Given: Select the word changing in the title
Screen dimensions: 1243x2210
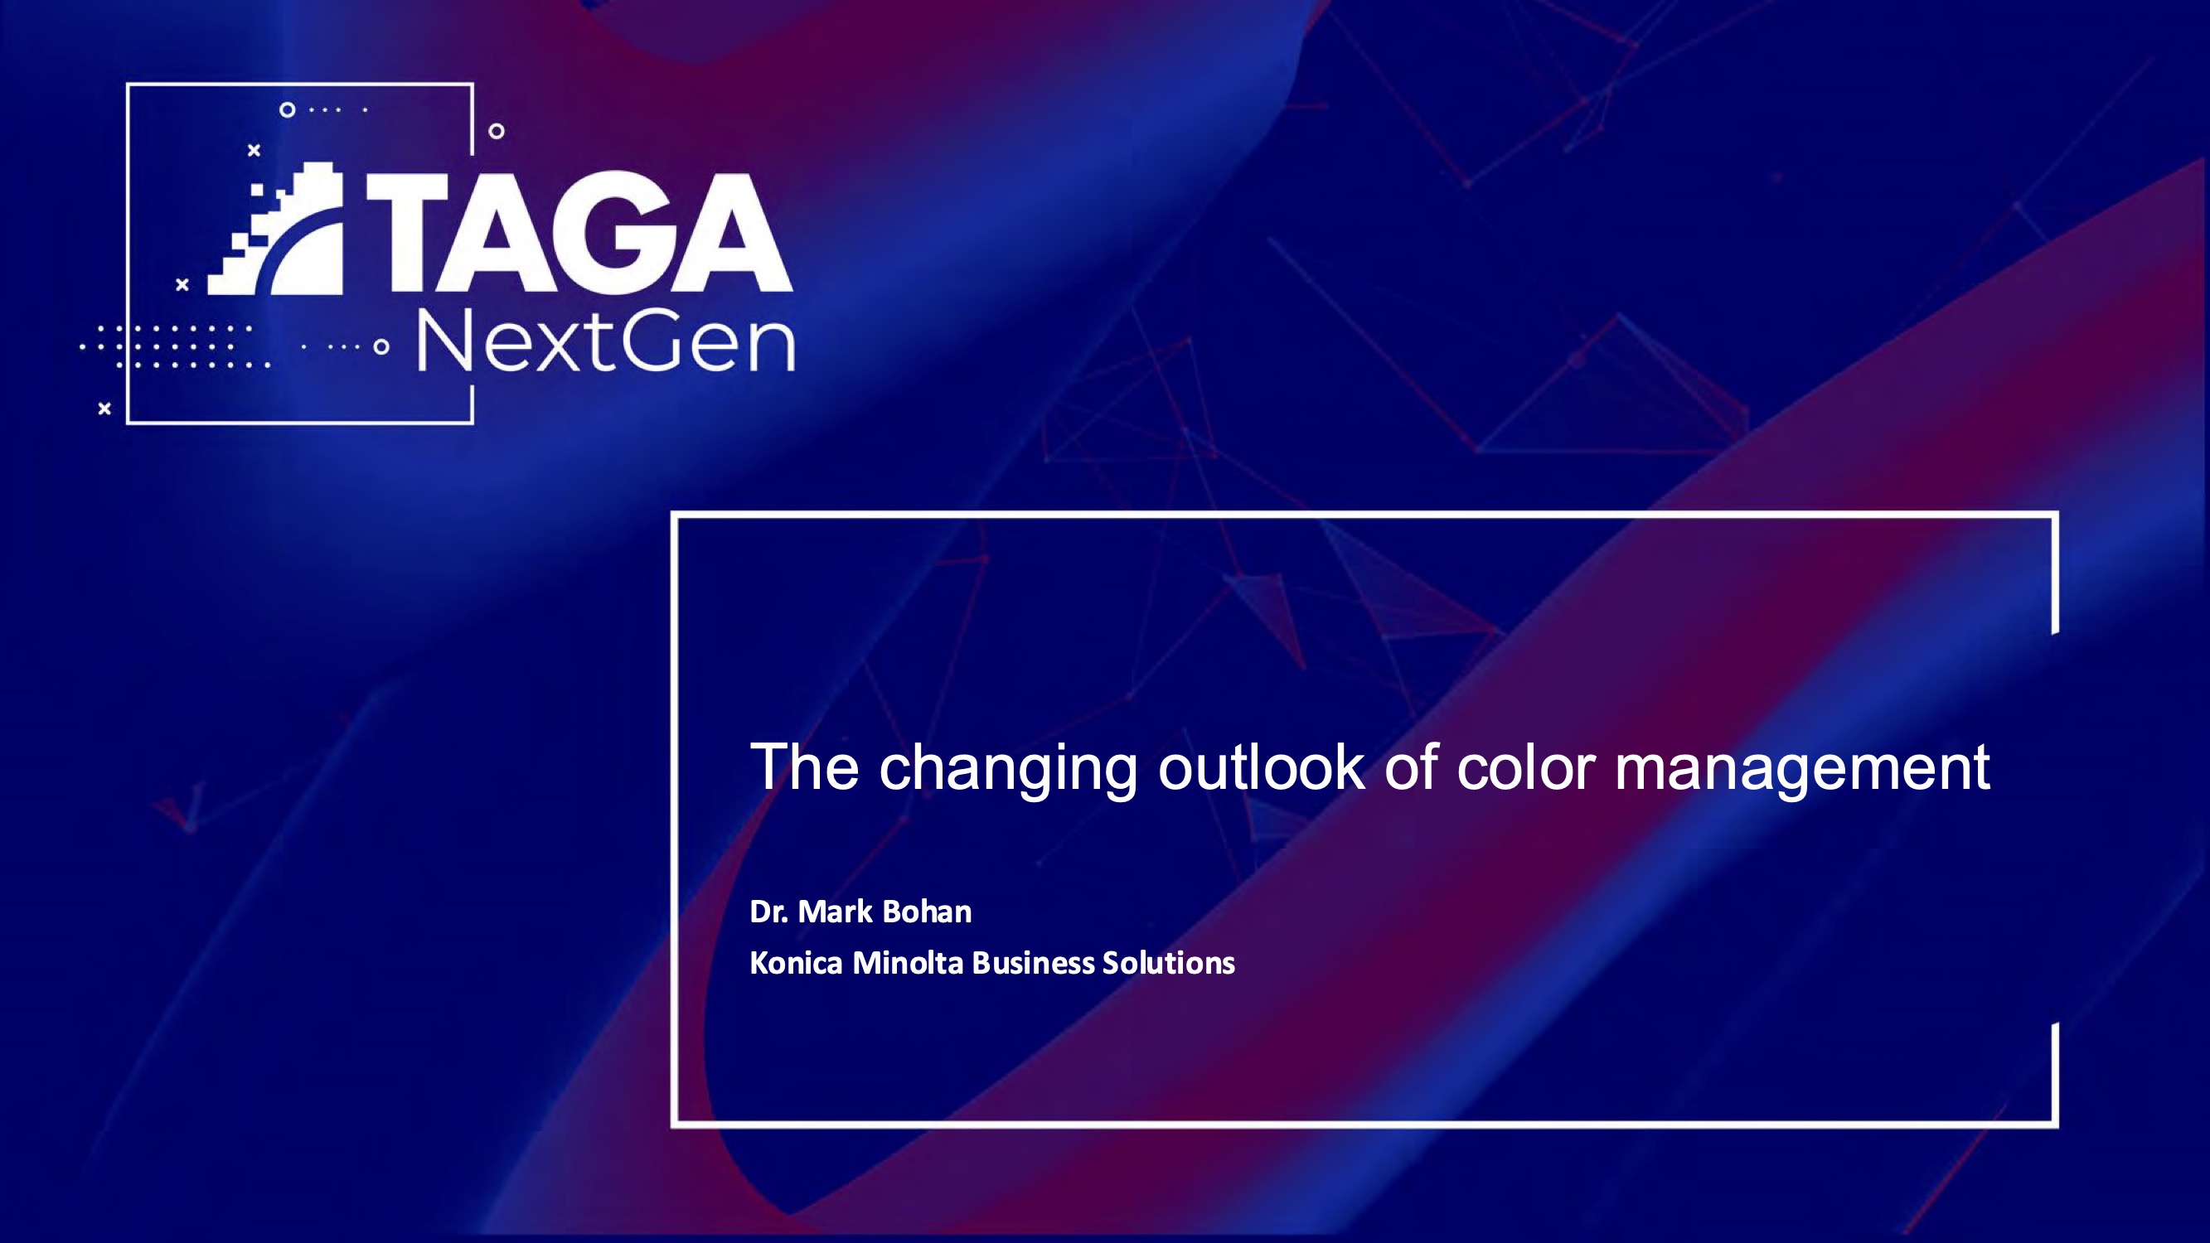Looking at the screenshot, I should coord(1008,769).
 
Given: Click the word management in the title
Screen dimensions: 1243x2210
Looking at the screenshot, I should coord(1801,769).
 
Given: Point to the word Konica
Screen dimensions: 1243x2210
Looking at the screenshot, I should coord(796,962).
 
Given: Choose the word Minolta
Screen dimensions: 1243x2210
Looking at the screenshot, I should coord(908,962).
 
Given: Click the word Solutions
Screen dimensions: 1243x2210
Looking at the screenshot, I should coord(1169,962).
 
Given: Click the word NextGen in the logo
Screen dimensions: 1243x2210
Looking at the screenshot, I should coord(606,343).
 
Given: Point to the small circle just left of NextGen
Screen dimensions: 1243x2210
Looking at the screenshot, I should coord(382,347).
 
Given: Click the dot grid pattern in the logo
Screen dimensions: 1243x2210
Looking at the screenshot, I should coord(176,346).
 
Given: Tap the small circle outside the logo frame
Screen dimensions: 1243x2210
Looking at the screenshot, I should coord(496,131).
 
